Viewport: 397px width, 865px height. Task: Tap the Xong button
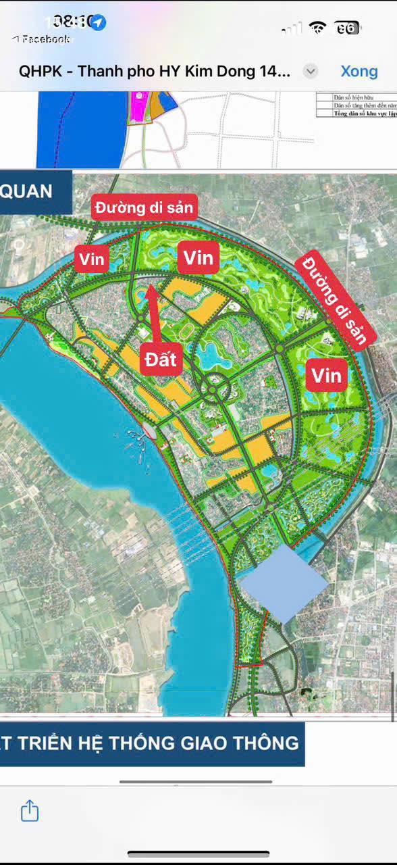point(359,71)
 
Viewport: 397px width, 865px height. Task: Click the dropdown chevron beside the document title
point(311,71)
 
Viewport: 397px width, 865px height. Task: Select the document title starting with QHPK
point(155,71)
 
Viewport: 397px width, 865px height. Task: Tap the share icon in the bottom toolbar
point(30,810)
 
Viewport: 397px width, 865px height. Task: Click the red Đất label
point(162,360)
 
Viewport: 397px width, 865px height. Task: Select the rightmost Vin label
point(327,374)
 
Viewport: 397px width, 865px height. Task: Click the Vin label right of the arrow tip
point(198,257)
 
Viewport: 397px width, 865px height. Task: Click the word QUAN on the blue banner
point(27,191)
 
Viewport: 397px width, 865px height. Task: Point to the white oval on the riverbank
point(150,430)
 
